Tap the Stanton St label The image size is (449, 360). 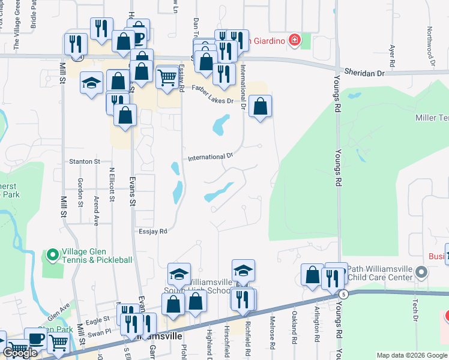click(84, 161)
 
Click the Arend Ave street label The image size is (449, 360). click(96, 210)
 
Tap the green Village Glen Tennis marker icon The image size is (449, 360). click(52, 256)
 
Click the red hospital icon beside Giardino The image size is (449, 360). click(295, 41)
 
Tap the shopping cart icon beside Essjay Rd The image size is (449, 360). click(166, 77)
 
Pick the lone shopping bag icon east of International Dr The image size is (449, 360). click(260, 107)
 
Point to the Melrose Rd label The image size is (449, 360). click(273, 333)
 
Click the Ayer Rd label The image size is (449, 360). click(392, 55)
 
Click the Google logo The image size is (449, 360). click(20, 353)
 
